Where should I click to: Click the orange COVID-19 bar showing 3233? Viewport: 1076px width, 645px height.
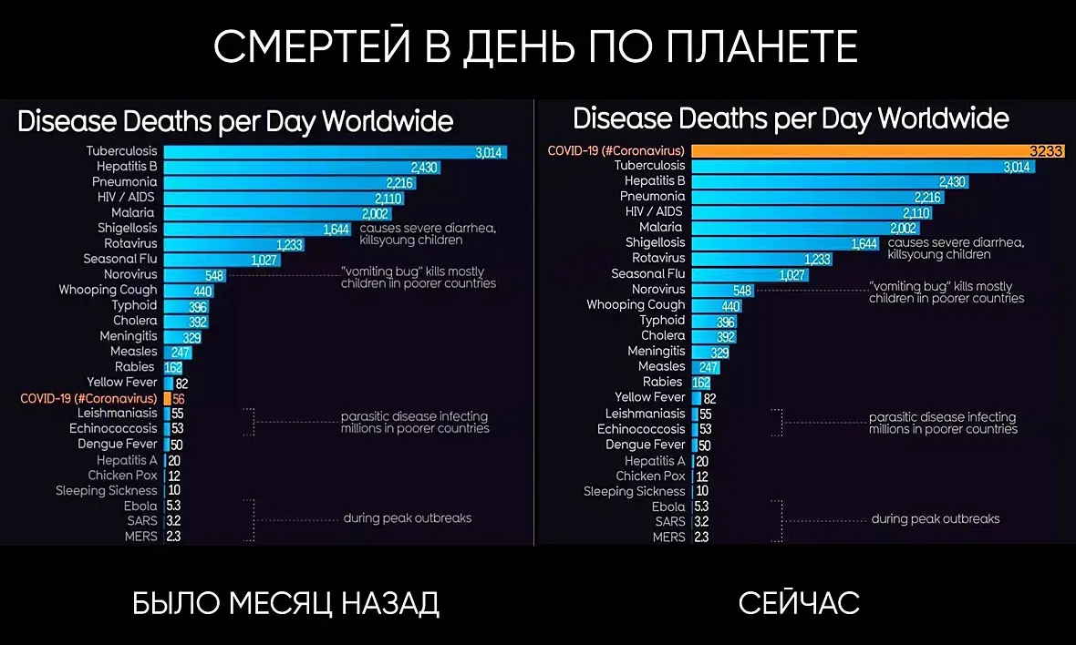tap(875, 151)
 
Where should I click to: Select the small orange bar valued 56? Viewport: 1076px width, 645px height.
tap(168, 398)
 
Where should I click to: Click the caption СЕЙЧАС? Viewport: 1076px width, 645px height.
tap(799, 602)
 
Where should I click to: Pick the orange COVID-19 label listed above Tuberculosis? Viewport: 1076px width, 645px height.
tap(616, 150)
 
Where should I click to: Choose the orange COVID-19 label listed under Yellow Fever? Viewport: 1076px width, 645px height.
tap(88, 398)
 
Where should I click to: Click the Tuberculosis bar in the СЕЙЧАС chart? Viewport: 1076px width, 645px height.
tap(862, 167)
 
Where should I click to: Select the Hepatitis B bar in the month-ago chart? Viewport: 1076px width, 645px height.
tap(301, 167)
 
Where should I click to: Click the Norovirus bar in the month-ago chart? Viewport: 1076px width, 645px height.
tap(194, 275)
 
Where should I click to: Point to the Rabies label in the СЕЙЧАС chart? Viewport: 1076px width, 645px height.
tap(662, 382)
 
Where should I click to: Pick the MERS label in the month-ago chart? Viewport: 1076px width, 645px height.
tap(141, 537)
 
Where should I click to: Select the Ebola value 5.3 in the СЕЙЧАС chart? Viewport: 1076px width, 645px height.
tap(701, 507)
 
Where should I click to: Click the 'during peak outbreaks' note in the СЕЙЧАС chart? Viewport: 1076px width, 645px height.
tap(936, 519)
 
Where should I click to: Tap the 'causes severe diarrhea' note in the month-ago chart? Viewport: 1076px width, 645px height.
tap(428, 228)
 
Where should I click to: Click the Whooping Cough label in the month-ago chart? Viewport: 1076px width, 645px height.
tap(108, 290)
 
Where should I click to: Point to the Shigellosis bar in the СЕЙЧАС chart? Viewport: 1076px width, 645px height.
tap(784, 243)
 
